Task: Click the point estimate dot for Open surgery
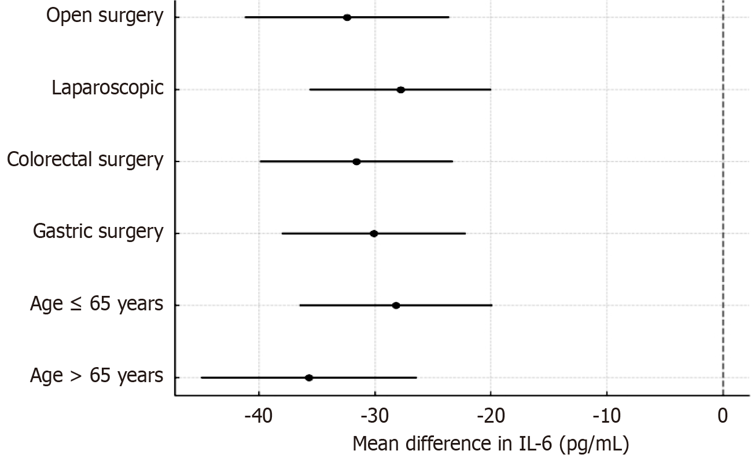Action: (347, 17)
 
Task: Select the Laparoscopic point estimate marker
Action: (400, 90)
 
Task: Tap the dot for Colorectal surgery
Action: (356, 162)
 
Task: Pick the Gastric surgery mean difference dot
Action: (374, 233)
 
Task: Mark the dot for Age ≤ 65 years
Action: (396, 305)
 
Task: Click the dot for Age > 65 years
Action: (309, 378)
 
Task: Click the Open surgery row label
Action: (105, 16)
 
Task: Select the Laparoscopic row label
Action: (108, 88)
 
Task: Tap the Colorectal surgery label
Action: (85, 160)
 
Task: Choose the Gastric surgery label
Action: (98, 232)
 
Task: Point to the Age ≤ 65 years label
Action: (97, 303)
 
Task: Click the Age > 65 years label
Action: (97, 376)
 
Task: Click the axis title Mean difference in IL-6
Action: (490, 444)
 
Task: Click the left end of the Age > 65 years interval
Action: (201, 378)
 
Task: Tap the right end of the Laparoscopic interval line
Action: (491, 90)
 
